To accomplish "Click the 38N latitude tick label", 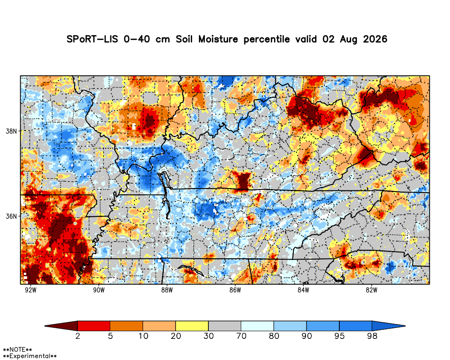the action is pyautogui.click(x=11, y=131).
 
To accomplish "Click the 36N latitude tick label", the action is pyautogui.click(x=11, y=216).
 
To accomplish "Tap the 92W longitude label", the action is pyautogui.click(x=31, y=290).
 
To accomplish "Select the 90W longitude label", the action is pyautogui.click(x=99, y=290).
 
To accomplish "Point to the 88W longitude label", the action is pyautogui.click(x=167, y=290).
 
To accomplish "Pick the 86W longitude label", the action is pyautogui.click(x=235, y=290).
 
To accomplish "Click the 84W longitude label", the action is pyautogui.click(x=303, y=290).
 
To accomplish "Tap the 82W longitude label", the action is pyautogui.click(x=371, y=290).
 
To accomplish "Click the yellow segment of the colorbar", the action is pyautogui.click(x=192, y=326).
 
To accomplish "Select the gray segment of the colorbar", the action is pyautogui.click(x=225, y=326).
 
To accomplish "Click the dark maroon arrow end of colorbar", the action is pyautogui.click(x=61, y=326).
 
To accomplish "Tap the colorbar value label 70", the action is pyautogui.click(x=241, y=336).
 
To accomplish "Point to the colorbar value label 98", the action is pyautogui.click(x=372, y=336).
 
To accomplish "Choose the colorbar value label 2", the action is pyautogui.click(x=78, y=336).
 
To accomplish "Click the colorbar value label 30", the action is pyautogui.click(x=209, y=336).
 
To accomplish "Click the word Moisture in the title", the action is pyautogui.click(x=218, y=39).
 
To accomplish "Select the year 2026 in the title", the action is pyautogui.click(x=375, y=39).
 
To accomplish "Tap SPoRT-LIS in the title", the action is pyautogui.click(x=92, y=39).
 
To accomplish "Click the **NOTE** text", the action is pyautogui.click(x=17, y=350).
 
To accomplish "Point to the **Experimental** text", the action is pyautogui.click(x=30, y=356).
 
